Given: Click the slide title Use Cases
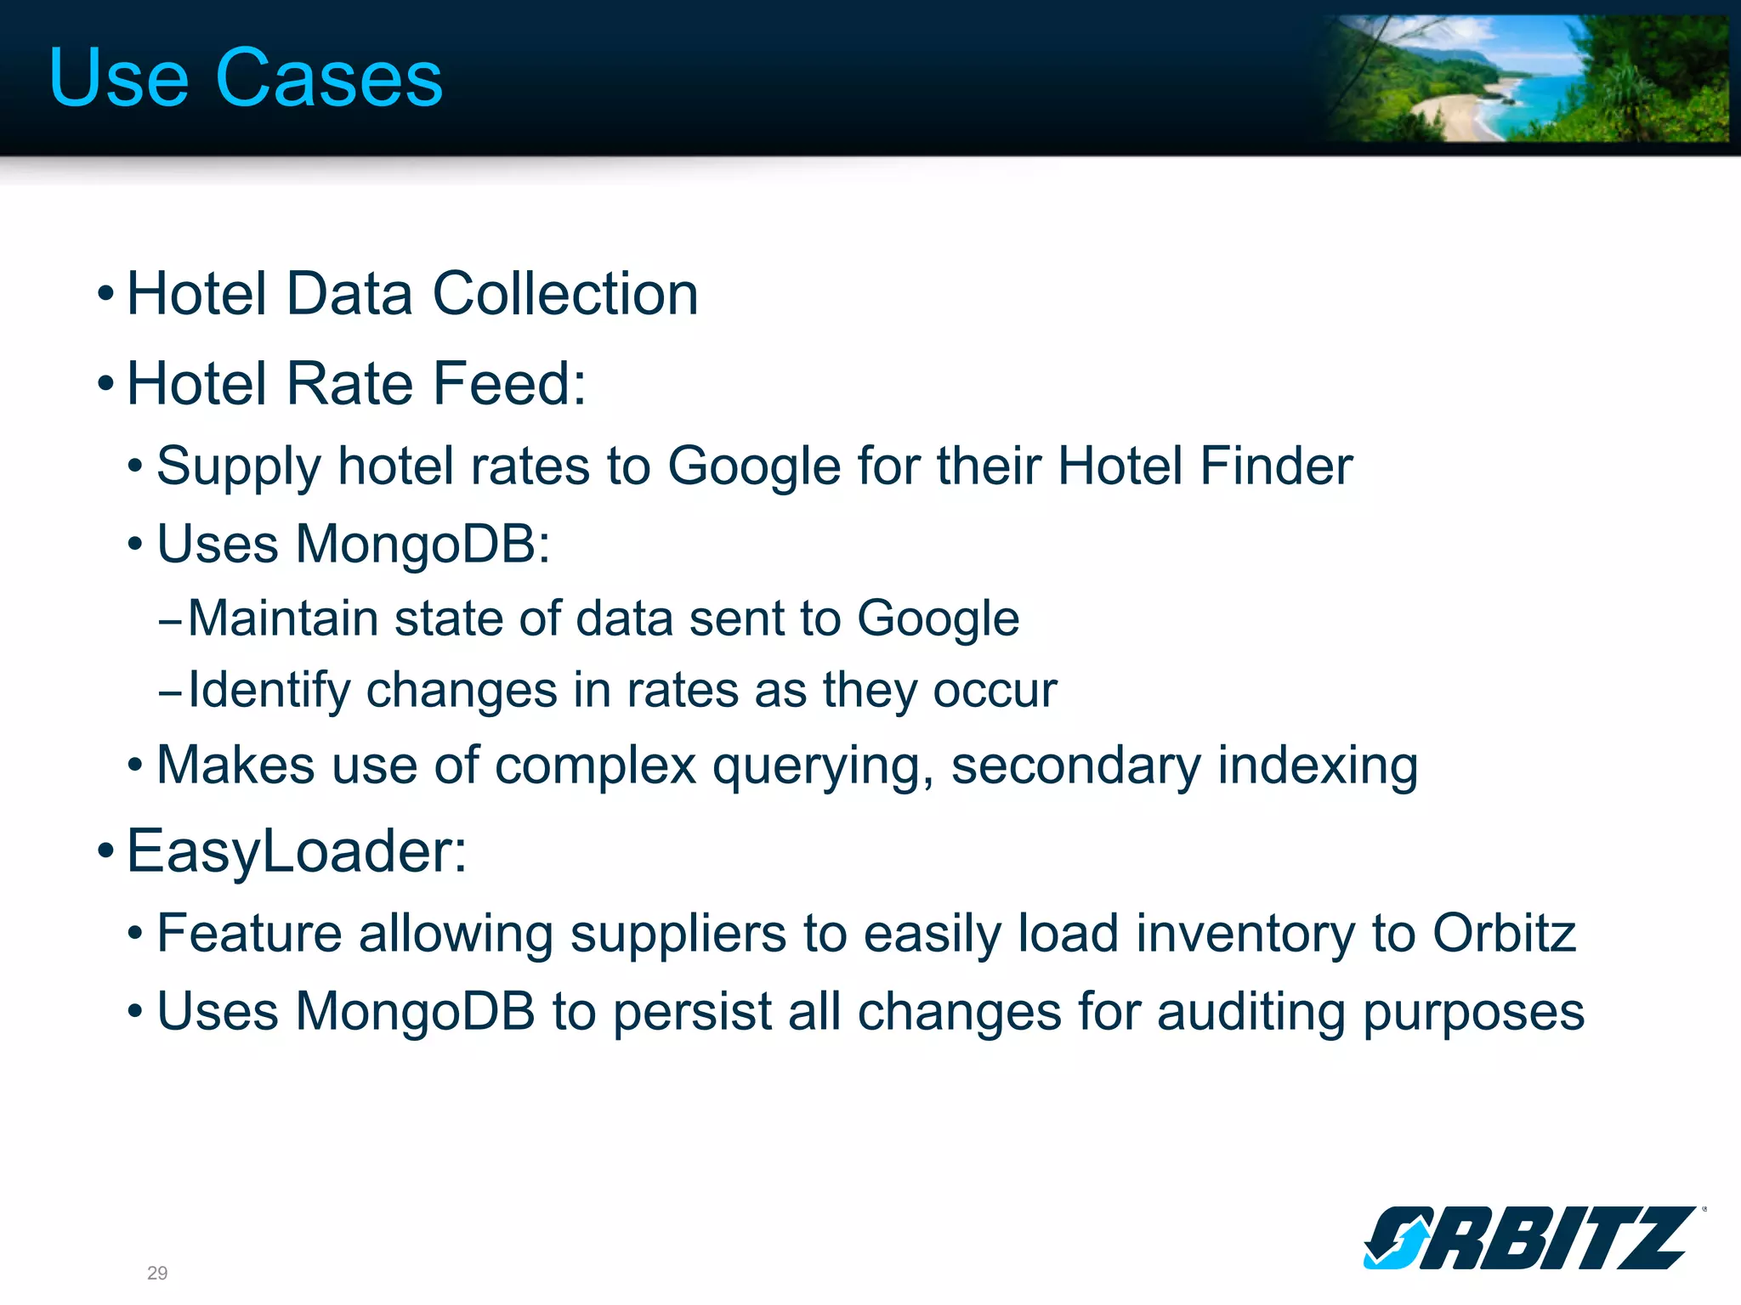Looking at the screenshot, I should coord(246,78).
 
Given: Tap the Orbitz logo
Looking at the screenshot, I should coord(1530,1237).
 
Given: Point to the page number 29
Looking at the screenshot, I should coord(157,1273).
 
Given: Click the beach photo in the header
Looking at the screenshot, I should coord(1526,78).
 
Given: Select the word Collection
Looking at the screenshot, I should coord(565,294).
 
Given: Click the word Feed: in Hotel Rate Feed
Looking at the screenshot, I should coord(509,384).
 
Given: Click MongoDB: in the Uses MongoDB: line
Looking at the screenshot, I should coord(422,544).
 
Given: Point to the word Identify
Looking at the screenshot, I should coord(269,690).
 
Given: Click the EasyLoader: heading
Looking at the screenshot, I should coord(297,851).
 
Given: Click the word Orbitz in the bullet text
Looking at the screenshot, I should coord(1504,934).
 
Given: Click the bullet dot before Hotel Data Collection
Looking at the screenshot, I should coord(105,295).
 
